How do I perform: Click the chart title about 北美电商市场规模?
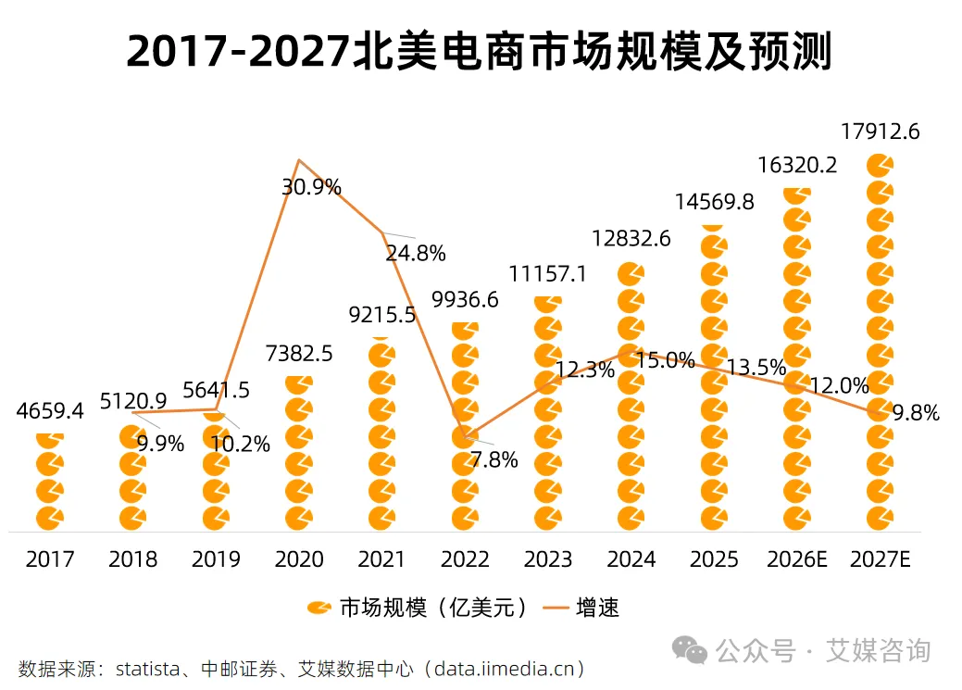480,52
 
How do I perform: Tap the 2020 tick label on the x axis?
299,559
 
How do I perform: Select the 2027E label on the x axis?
880,559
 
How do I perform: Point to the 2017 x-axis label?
50,559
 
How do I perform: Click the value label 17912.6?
880,132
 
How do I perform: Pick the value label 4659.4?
50,411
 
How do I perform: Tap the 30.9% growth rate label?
311,187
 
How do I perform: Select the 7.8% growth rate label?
493,459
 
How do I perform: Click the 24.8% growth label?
416,253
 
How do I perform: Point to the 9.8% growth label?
915,413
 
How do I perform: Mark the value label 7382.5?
298,353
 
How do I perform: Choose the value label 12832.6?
631,239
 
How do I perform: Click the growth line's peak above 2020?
298,160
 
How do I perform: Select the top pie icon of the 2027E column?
880,166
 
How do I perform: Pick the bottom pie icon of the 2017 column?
50,517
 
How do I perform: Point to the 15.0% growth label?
666,360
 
